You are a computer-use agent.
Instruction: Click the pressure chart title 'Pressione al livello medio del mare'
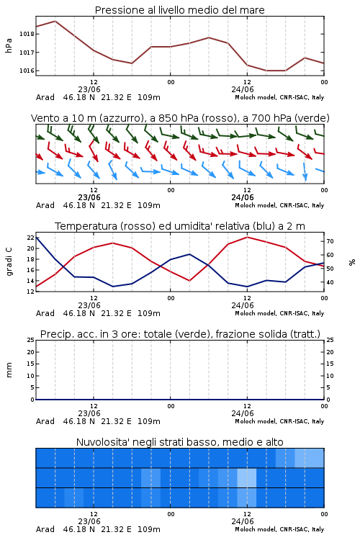tap(179, 10)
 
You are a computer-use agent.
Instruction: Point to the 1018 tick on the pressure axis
tap(27, 34)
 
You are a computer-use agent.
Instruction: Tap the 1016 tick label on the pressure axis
tap(27, 71)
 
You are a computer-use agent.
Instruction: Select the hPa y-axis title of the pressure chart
tap(9, 45)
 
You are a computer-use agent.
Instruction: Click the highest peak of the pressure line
tap(55, 21)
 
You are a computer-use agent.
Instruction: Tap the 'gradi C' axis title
tap(9, 261)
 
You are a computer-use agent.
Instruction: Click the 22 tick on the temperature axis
tap(30, 238)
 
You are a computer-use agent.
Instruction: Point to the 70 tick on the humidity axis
tap(330, 241)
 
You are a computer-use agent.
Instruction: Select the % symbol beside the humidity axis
tap(352, 262)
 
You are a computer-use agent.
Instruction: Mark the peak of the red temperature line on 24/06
tap(247, 237)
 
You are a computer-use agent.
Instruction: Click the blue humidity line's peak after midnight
tap(189, 254)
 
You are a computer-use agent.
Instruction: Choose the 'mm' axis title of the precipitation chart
tap(9, 370)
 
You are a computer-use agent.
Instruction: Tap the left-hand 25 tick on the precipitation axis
tap(30, 340)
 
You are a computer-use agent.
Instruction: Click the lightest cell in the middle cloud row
tap(247, 477)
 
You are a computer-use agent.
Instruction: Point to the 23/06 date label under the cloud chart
tap(89, 521)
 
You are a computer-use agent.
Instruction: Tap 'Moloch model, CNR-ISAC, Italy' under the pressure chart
tap(279, 97)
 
